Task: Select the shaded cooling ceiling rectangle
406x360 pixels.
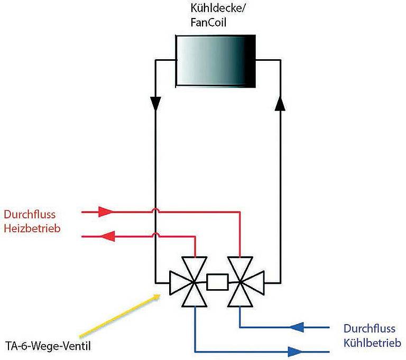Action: pos(215,61)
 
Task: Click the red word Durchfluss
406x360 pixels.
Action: pos(30,215)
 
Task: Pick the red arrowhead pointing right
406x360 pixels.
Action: pos(106,211)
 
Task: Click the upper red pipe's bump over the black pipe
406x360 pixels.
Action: pos(155,210)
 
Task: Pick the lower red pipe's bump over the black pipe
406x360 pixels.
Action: pos(155,235)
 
